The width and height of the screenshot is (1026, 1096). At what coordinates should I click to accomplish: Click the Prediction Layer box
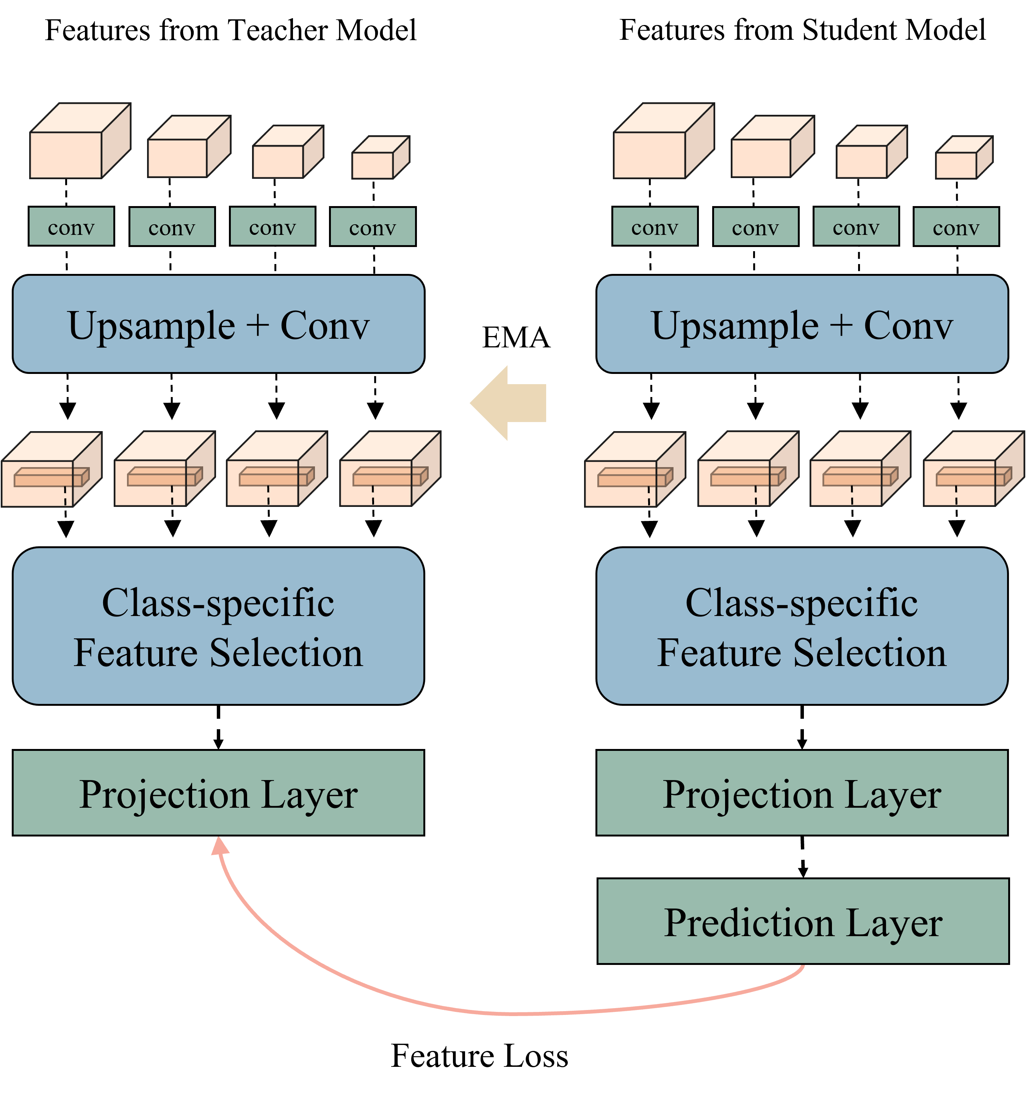coord(803,922)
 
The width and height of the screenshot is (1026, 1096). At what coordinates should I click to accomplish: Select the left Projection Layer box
coord(218,793)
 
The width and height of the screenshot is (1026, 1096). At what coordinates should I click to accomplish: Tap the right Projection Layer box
coord(802,793)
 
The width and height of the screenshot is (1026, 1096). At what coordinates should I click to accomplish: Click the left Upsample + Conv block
coord(218,324)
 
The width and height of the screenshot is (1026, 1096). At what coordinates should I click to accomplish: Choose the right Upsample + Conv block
coord(802,324)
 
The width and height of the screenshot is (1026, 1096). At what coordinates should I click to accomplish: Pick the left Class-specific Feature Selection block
coord(218,626)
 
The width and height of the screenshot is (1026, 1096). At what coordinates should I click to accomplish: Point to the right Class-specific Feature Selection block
coord(802,626)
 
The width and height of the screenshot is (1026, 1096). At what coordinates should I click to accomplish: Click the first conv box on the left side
coord(71,227)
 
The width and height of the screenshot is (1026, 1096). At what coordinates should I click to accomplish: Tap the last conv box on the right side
coord(956,227)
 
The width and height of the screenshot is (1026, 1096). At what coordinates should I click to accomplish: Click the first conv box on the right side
coord(655,227)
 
